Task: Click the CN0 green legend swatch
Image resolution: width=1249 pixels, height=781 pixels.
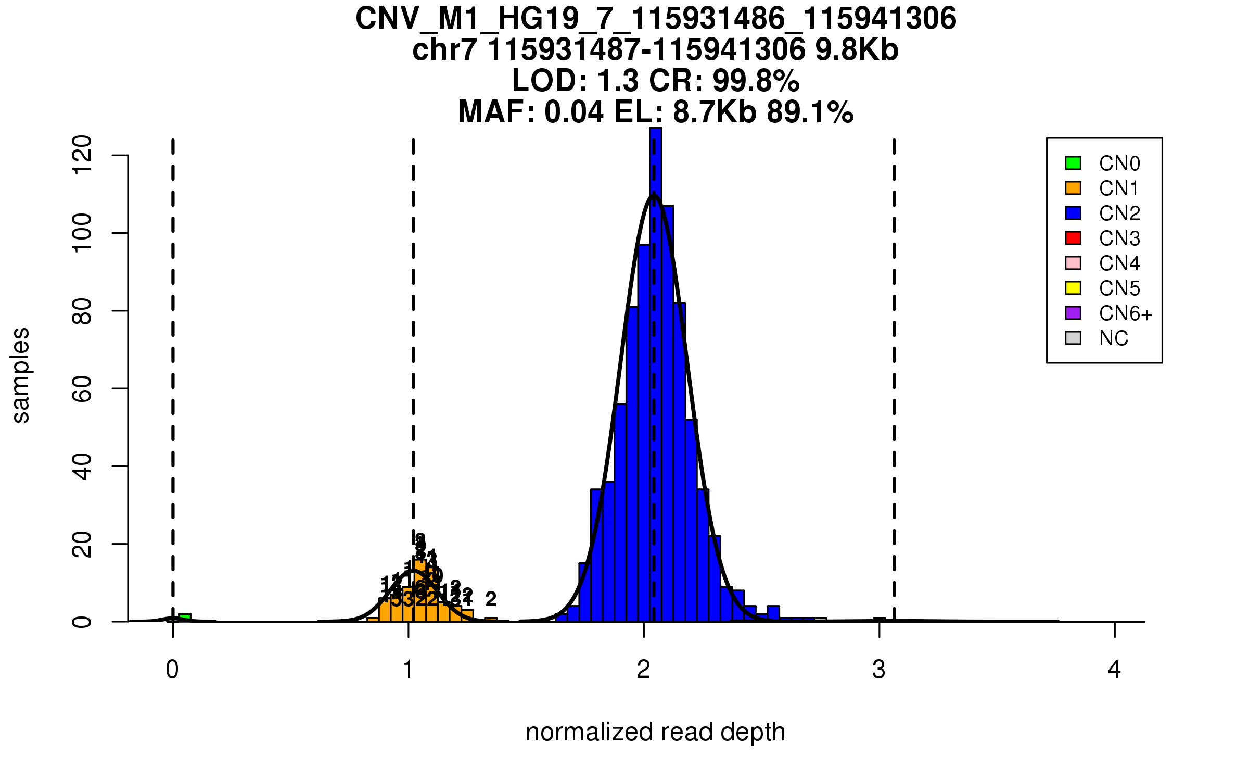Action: pos(1073,163)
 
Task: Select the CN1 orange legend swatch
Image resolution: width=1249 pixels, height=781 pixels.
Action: pos(1073,188)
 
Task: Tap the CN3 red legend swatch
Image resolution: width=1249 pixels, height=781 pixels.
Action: pos(1073,238)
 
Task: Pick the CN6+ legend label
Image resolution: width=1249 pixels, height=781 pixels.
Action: pos(1125,313)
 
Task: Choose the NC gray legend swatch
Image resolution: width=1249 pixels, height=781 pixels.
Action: pos(1073,338)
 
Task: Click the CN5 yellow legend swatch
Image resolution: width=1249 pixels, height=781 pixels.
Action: pos(1073,288)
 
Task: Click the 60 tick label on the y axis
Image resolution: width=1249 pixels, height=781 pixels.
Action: pos(82,388)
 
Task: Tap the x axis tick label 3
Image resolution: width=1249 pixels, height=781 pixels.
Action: pos(879,670)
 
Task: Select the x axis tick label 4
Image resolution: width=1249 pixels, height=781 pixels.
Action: pos(1114,670)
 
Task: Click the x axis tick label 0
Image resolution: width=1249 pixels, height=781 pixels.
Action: pos(172,670)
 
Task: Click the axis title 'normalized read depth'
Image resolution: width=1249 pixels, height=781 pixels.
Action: pos(655,732)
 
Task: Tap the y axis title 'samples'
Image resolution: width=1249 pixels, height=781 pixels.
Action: pos(21,375)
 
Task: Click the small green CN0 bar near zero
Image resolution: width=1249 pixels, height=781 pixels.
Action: pos(185,618)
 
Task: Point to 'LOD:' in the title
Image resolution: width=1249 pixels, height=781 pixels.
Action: pos(549,81)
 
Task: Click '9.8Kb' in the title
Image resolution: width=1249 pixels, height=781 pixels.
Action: pos(857,50)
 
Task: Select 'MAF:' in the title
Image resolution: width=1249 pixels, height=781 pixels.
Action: pos(496,112)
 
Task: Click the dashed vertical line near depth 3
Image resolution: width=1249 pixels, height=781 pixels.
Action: pos(894,364)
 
